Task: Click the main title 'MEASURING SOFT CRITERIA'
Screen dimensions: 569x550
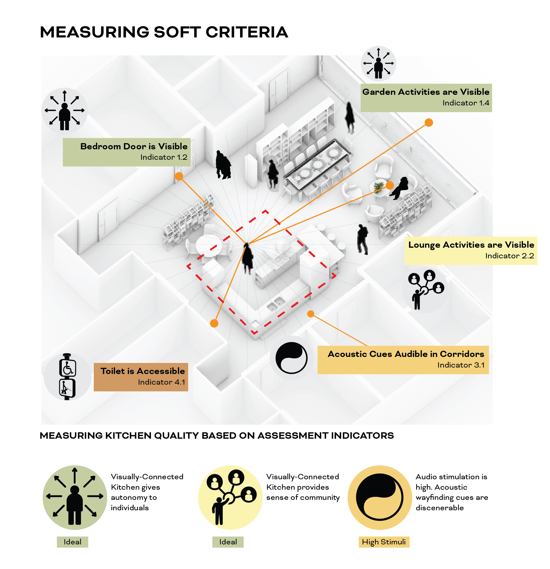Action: (164, 32)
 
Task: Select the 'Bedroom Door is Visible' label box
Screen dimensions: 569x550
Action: (127, 152)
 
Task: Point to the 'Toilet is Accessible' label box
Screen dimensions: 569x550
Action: (141, 377)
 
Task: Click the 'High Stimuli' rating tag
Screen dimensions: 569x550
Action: (384, 542)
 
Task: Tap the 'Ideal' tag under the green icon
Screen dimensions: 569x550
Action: (72, 542)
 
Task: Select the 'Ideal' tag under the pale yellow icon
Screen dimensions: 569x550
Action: (228, 542)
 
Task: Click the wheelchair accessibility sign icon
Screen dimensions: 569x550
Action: (68, 368)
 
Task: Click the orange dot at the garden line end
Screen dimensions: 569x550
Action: (429, 123)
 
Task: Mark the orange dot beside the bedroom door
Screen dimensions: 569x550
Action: (179, 176)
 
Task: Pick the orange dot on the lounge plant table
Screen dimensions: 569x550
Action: (390, 185)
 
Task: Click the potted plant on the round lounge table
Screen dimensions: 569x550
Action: (378, 187)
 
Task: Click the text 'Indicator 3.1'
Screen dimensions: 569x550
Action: (461, 365)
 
